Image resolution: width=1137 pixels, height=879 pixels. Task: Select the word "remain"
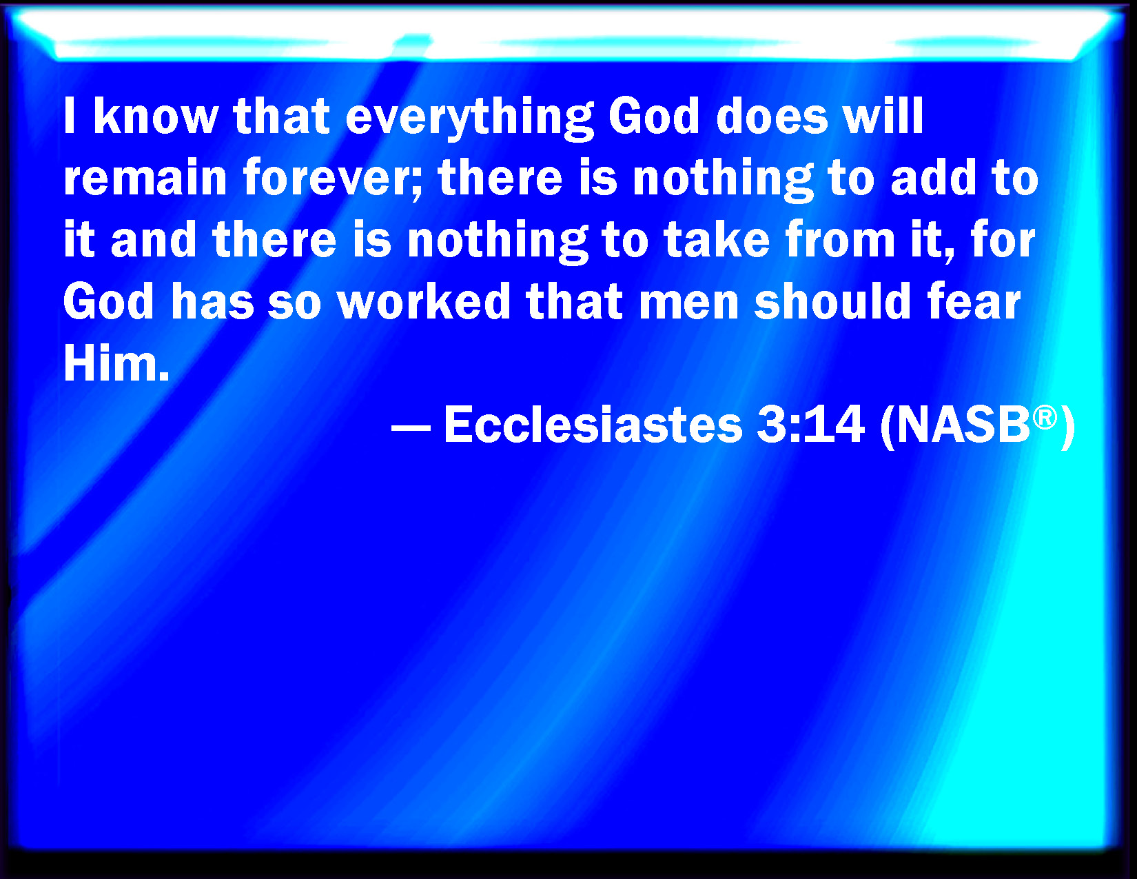pyautogui.click(x=145, y=177)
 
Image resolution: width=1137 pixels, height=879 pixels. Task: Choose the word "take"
pyautogui.click(x=717, y=240)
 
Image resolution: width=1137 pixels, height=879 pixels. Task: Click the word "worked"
pyautogui.click(x=424, y=301)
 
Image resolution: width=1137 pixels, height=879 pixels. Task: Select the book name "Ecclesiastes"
pyautogui.click(x=593, y=425)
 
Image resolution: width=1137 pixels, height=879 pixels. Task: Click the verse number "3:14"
pyautogui.click(x=810, y=425)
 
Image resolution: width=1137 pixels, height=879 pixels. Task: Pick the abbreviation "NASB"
pyautogui.click(x=963, y=425)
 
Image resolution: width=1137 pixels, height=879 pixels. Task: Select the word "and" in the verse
pyautogui.click(x=154, y=240)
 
